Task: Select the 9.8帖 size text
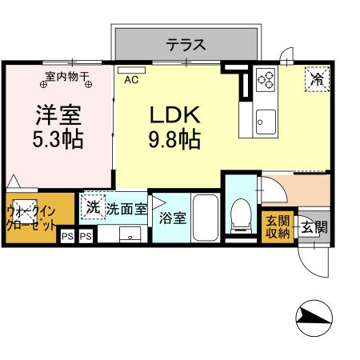pos(173,140)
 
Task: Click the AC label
pos(130,79)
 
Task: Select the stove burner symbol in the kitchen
pos(266,80)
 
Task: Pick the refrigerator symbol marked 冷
pos(317,78)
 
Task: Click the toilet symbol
pos(239,215)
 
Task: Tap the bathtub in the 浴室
pos(206,218)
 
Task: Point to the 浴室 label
pos(172,216)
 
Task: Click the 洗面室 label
pos(126,209)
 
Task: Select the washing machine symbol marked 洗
pos(94,206)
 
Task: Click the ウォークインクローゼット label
pos(30,217)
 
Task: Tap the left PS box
pos(67,237)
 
